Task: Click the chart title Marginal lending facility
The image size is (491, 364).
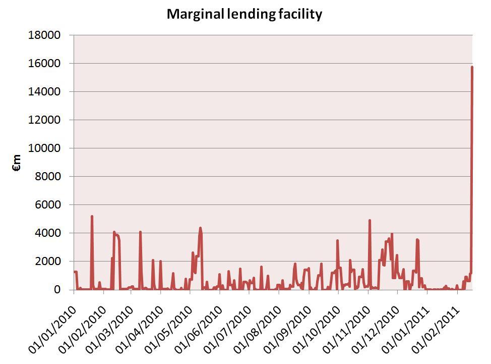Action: pyautogui.click(x=244, y=14)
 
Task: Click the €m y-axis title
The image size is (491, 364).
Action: pyautogui.click(x=17, y=163)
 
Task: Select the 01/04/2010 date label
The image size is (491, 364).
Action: pyautogui.click(x=139, y=323)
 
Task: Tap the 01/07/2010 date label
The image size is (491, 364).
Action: pyautogui.click(x=227, y=323)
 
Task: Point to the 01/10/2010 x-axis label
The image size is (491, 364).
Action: pyautogui.click(x=316, y=323)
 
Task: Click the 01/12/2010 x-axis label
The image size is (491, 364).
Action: pyautogui.click(x=375, y=323)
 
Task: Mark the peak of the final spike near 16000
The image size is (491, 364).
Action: pyautogui.click(x=472, y=67)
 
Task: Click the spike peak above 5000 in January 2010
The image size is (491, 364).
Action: pyautogui.click(x=92, y=216)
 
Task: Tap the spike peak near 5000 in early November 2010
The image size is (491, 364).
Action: pyautogui.click(x=370, y=220)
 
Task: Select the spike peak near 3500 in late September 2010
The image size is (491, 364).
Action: pyautogui.click(x=337, y=240)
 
